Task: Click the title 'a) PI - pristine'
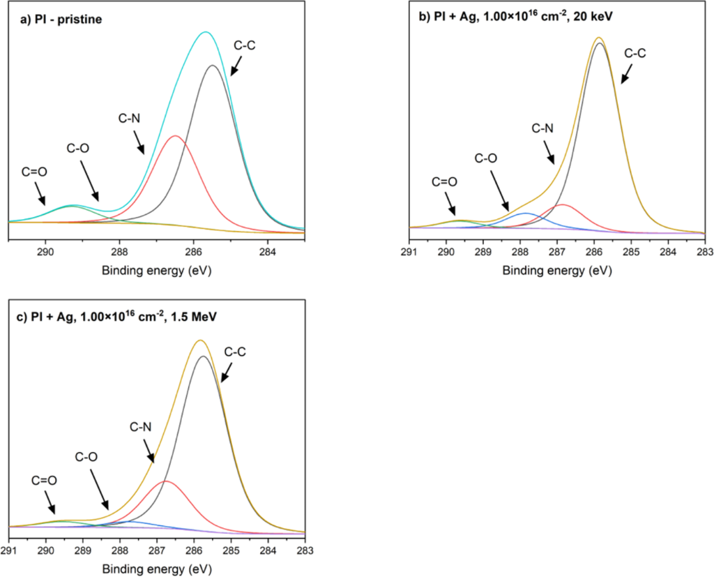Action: (x=61, y=20)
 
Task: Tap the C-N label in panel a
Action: (x=129, y=119)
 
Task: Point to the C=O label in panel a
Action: (x=31, y=170)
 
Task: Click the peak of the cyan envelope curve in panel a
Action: (x=205, y=32)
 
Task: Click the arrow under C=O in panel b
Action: (x=452, y=206)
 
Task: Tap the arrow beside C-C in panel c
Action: (x=227, y=372)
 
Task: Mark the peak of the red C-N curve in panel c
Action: (x=165, y=481)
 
